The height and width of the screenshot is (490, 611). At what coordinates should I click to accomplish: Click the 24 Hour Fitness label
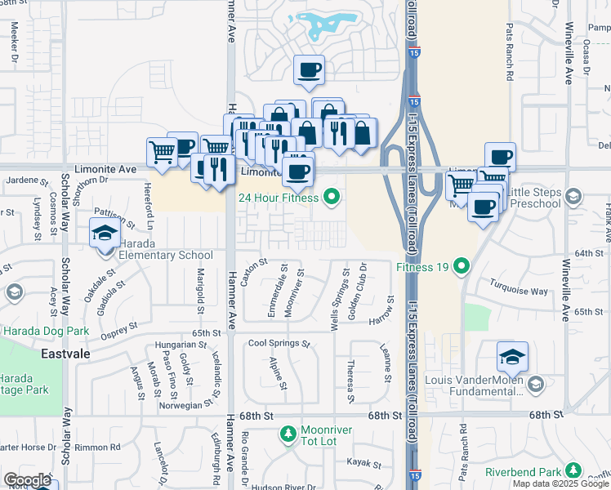(x=278, y=197)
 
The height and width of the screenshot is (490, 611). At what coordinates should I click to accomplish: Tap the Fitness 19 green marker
(x=462, y=265)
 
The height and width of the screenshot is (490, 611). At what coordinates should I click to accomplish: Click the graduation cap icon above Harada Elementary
(x=105, y=233)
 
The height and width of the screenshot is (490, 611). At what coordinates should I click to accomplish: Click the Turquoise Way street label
(x=519, y=290)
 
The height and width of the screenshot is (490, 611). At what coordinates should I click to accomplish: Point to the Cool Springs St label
(x=279, y=344)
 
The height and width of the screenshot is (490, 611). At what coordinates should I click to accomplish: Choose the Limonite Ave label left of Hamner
(x=109, y=168)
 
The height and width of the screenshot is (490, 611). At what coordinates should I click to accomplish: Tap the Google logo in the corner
(x=27, y=480)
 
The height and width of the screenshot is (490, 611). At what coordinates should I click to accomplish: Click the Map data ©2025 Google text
(x=560, y=483)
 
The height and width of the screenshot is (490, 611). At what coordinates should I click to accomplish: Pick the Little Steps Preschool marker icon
(x=573, y=196)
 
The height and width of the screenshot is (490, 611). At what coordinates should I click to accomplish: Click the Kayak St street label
(x=363, y=463)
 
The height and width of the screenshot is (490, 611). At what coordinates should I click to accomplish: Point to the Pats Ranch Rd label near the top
(x=508, y=64)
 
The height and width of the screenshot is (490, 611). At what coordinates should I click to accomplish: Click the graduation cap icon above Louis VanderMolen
(x=512, y=356)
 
